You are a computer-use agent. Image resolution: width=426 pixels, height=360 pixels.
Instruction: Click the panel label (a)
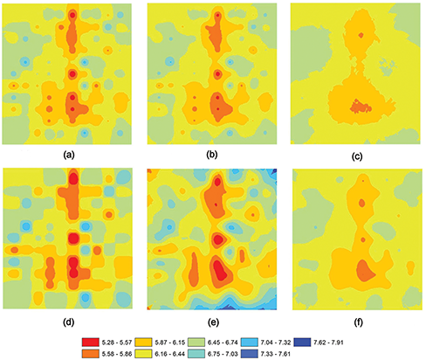coord(69,156)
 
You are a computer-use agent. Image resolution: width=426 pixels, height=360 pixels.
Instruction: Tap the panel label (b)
coord(212,155)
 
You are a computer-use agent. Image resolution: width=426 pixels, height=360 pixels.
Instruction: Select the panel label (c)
coord(357,156)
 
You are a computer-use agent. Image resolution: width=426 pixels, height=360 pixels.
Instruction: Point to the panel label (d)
coord(69,322)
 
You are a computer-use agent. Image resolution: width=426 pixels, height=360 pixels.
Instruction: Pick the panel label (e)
coord(213,322)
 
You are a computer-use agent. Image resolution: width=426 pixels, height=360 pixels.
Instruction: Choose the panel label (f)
coord(358,323)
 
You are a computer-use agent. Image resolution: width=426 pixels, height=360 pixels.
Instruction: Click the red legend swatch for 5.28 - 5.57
coord(91,342)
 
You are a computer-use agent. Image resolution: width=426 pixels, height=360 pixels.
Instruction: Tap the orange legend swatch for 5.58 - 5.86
coord(91,354)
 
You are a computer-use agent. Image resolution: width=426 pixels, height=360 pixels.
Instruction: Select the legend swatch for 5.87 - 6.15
coord(143,342)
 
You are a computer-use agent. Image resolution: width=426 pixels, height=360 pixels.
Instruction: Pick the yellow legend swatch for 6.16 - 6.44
coord(143,354)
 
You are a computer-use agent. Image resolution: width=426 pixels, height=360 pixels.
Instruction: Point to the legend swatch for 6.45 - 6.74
coord(196,342)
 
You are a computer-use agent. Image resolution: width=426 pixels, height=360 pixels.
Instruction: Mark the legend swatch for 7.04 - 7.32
coord(250,342)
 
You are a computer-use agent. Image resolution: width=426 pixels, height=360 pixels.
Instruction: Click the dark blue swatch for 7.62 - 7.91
coord(302,342)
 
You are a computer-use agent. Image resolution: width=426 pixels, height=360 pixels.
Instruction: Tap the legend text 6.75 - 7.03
coord(223,354)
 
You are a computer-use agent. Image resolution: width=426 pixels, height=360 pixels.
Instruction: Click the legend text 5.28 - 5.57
coord(117,343)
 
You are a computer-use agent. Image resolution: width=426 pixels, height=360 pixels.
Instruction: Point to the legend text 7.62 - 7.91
coord(328,343)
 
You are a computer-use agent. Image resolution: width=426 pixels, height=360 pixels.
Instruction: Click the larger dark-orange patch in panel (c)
coord(361,107)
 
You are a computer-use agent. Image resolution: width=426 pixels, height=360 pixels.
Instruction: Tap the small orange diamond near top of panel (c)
coord(361,35)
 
